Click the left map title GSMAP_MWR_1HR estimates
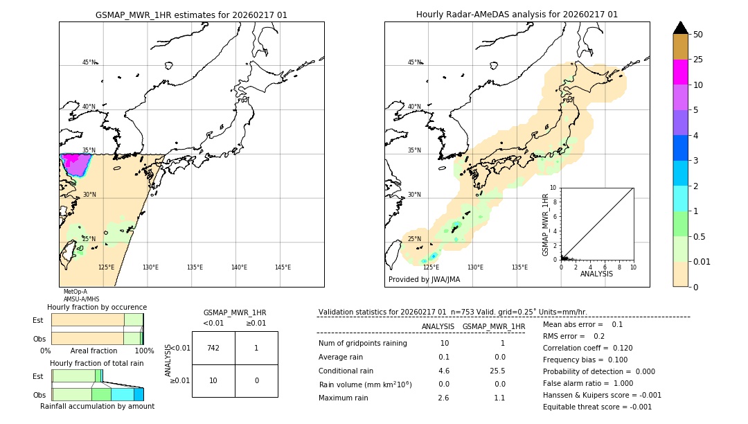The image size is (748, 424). coord(191,15)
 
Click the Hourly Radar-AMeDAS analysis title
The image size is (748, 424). coord(517,15)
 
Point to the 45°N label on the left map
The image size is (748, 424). coord(89,62)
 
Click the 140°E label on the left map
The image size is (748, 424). coord(238,267)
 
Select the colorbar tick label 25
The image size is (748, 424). coord(698,60)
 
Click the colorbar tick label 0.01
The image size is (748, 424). coord(702,261)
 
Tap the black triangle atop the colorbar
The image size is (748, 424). coord(681,28)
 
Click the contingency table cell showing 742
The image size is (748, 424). coord(213,348)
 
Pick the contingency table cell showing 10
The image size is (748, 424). coord(213,380)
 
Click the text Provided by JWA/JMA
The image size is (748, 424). coord(424,279)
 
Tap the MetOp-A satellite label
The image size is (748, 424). coord(75,292)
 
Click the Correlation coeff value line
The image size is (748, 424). coord(587,348)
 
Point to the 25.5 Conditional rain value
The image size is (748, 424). coord(498,371)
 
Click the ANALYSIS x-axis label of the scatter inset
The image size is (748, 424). coord(596,274)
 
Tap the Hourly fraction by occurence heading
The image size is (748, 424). coord(97,307)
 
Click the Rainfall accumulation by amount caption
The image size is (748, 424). coord(97,406)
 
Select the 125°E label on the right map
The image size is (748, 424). coord(431,267)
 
